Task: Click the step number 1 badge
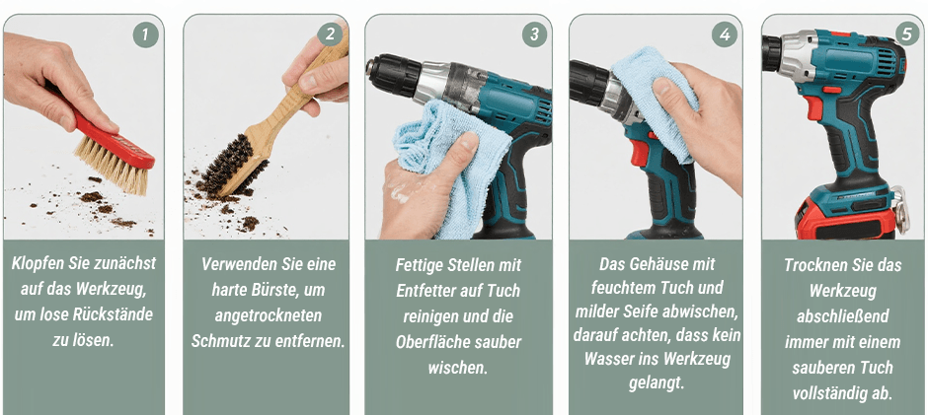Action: pyautogui.click(x=145, y=35)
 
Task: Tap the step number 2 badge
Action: pyautogui.click(x=330, y=35)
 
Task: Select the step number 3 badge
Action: pyautogui.click(x=534, y=35)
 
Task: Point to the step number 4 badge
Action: pyautogui.click(x=725, y=35)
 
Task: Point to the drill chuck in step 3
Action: pyautogui.click(x=395, y=73)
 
